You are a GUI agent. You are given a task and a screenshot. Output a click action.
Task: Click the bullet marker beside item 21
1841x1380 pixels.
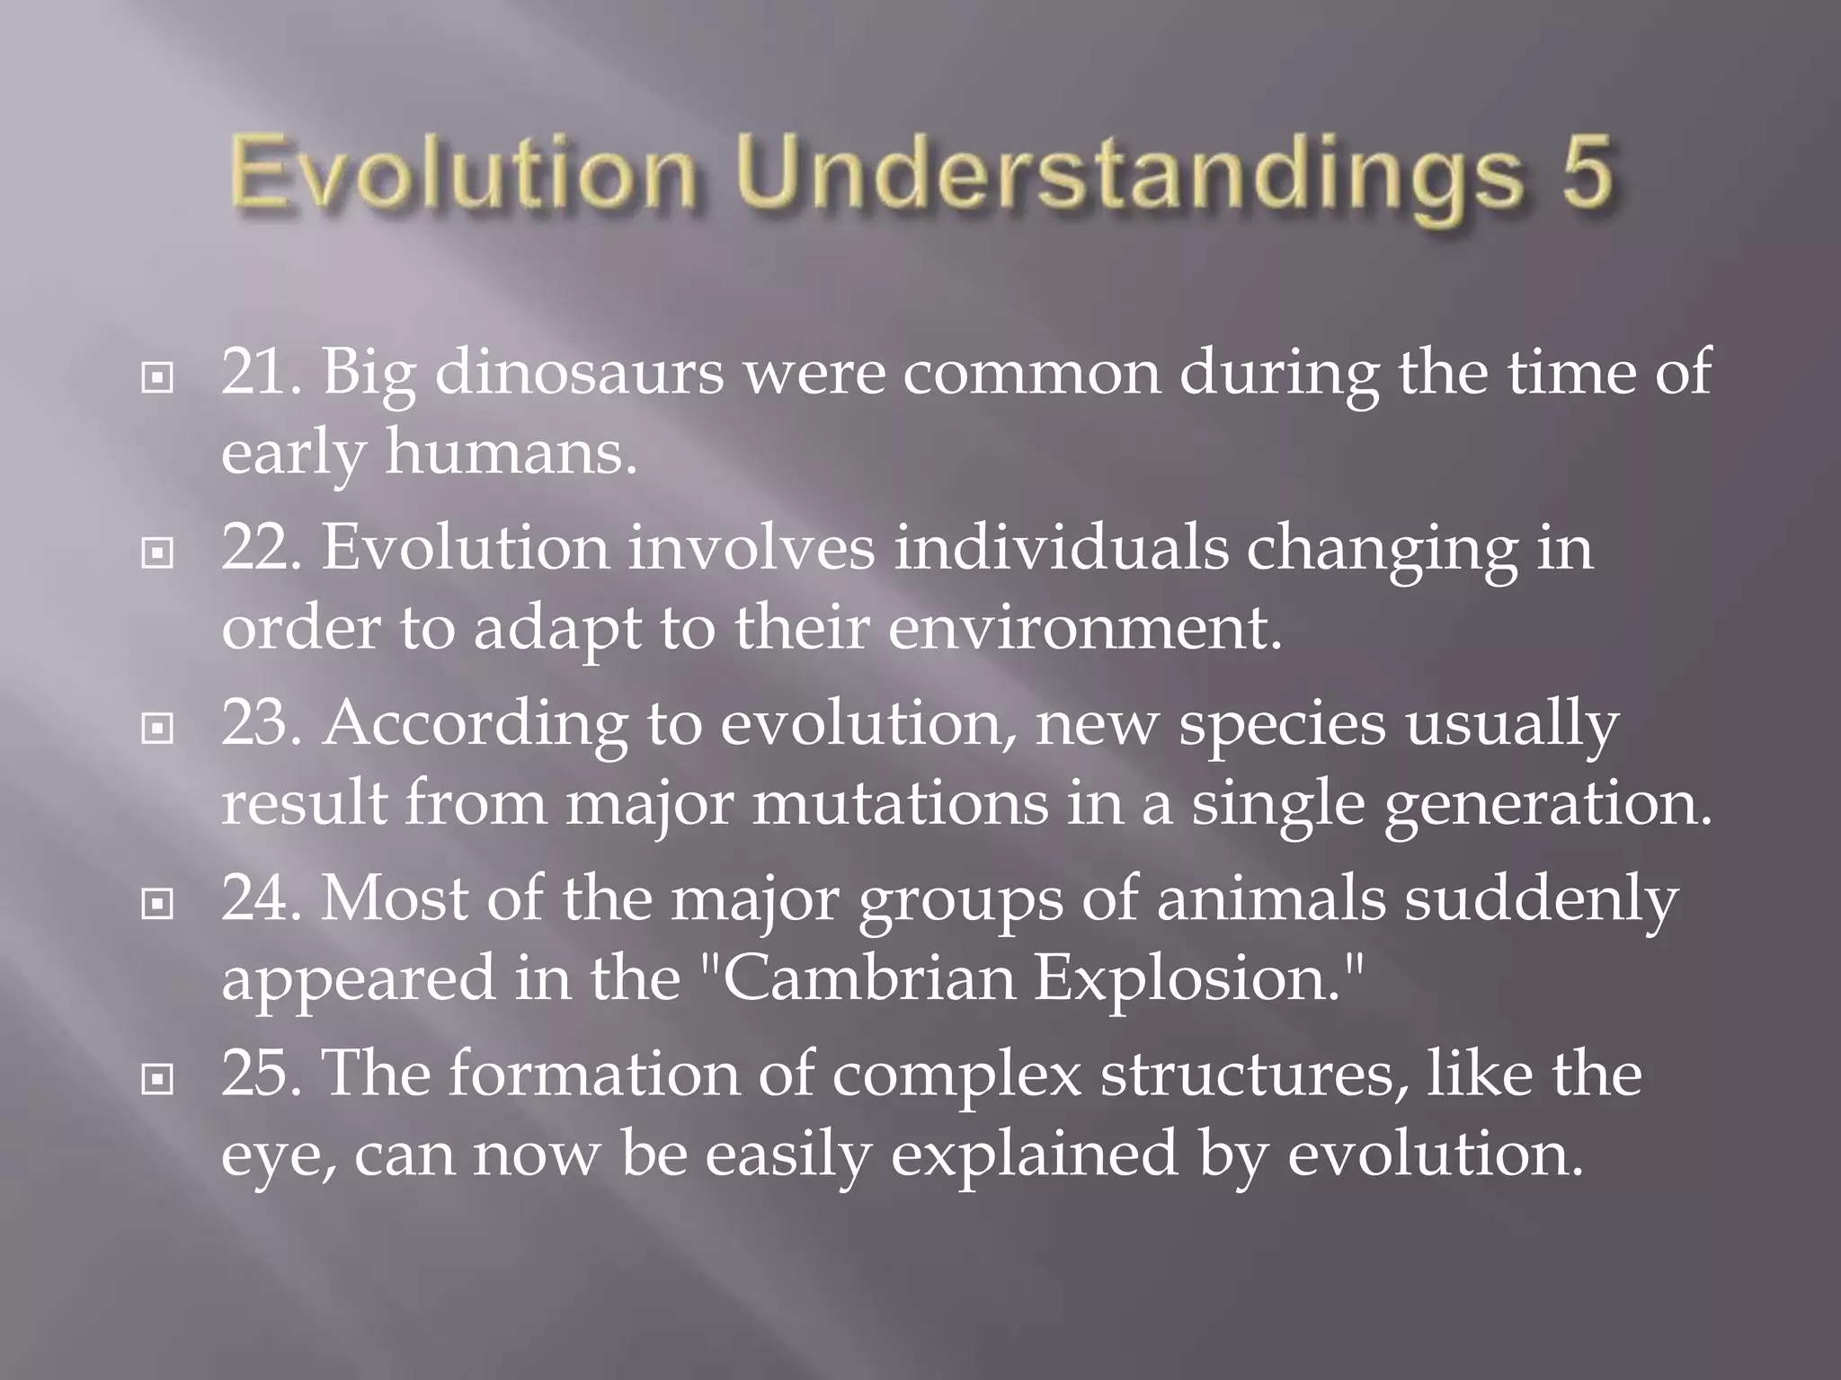[157, 378]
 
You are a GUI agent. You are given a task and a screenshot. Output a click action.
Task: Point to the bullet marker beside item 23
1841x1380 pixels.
[157, 729]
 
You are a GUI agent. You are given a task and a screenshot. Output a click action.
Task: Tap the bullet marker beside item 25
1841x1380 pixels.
[157, 1079]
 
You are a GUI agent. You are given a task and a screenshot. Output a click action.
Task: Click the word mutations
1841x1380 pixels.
[899, 802]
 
